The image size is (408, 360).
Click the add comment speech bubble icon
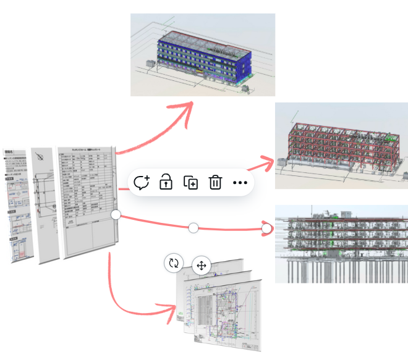point(142,183)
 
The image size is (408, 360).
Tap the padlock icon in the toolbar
point(166,182)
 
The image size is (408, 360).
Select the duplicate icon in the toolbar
point(190,183)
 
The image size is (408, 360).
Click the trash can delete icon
point(215,183)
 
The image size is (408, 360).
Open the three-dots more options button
point(240,183)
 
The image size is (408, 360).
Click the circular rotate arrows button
point(174,263)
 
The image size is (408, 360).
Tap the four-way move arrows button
point(201,266)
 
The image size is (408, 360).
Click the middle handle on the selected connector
point(193,228)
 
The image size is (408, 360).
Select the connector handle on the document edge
point(116,214)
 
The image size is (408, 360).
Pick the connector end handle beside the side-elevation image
point(266,228)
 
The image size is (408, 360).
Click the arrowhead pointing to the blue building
point(185,108)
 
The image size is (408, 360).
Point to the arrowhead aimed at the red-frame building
point(267,162)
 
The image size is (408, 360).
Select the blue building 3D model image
point(202,54)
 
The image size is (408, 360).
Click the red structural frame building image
point(341,145)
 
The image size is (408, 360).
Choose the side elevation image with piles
point(341,244)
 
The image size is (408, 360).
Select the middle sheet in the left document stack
point(43,204)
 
